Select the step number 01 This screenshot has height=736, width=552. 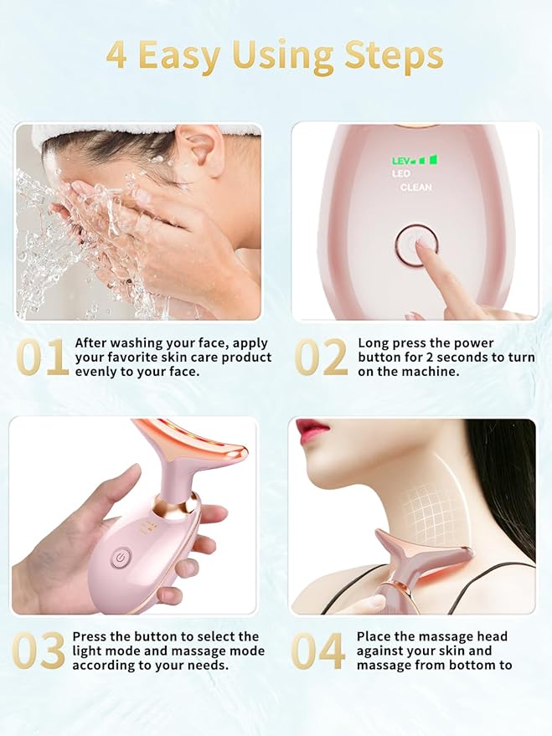(x=42, y=358)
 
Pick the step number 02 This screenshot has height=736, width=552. (x=321, y=358)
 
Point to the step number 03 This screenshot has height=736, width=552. (x=38, y=651)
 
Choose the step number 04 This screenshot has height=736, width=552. (x=317, y=651)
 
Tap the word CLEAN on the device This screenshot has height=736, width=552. (x=416, y=188)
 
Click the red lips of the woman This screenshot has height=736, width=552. (x=312, y=431)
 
